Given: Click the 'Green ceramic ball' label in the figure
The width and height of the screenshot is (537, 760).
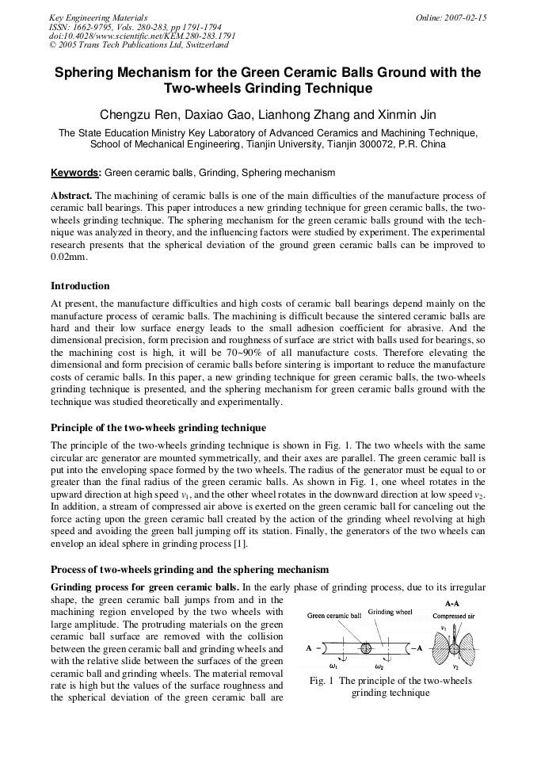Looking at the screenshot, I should (333, 615).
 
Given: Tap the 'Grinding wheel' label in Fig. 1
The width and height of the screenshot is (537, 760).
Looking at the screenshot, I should (390, 613).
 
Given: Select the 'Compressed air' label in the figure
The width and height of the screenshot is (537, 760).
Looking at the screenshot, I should (454, 615).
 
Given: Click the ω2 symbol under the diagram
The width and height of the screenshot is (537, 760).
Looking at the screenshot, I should (379, 666).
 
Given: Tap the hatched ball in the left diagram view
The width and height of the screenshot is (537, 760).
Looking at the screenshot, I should (366, 648).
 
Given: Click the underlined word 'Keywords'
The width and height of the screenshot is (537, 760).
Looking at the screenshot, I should (75, 173).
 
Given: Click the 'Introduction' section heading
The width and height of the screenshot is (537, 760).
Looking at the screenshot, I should (80, 286).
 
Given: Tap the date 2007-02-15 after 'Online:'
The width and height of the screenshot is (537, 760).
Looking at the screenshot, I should (467, 17).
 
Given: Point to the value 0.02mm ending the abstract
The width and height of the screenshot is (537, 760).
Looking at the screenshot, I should (68, 257).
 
